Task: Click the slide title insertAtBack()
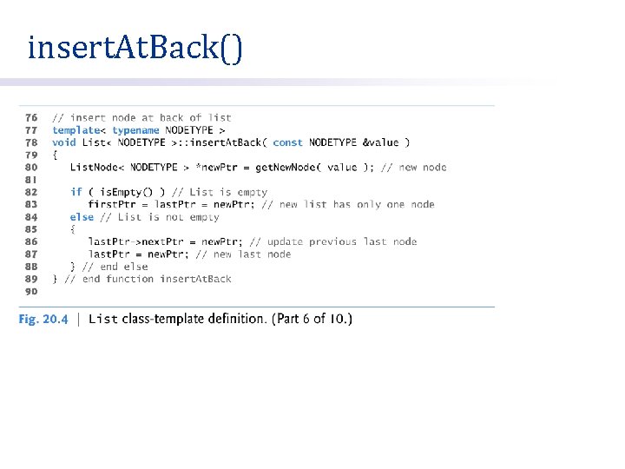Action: [135, 49]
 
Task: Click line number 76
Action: [30, 117]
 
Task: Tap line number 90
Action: [30, 292]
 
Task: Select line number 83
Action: [30, 204]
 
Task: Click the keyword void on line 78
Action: [63, 142]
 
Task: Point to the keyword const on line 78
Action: [287, 142]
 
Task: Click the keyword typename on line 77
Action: [130, 130]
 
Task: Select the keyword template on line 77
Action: [76, 130]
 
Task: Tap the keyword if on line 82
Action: [76, 192]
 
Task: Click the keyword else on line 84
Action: [82, 217]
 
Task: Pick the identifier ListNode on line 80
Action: [94, 168]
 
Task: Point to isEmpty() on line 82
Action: [125, 192]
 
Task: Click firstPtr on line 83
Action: [111, 204]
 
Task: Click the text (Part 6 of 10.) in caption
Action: [312, 319]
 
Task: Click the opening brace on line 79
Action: [55, 155]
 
